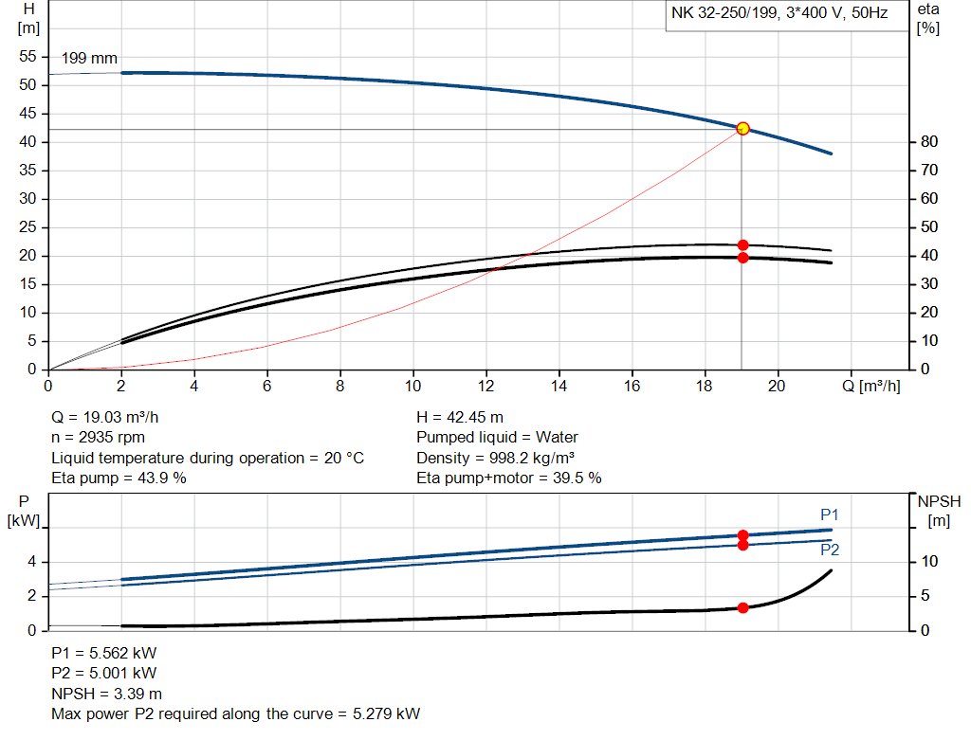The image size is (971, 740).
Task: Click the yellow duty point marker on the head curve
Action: (742, 128)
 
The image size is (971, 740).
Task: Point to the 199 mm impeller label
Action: (89, 59)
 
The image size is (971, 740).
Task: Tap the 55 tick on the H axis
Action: (27, 57)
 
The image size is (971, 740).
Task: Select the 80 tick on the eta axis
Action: (929, 142)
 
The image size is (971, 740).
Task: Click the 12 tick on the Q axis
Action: (486, 386)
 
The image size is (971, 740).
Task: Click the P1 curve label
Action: (830, 514)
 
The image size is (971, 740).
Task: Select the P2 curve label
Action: (830, 550)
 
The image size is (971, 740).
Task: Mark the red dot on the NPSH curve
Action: (742, 607)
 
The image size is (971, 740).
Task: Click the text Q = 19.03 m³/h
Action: (113, 417)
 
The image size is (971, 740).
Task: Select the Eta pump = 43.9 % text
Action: (119, 478)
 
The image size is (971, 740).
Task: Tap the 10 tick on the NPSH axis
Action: (930, 562)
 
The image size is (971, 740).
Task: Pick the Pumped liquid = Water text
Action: (497, 437)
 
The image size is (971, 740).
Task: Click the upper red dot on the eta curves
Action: (742, 245)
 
